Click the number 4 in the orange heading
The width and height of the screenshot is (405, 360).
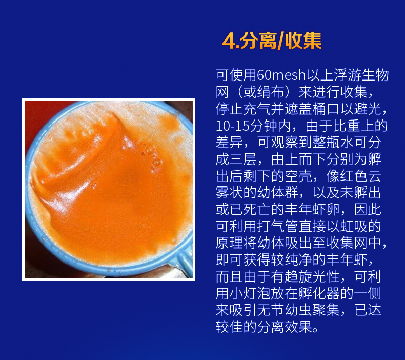tap(229, 42)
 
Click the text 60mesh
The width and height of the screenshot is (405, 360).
tap(281, 75)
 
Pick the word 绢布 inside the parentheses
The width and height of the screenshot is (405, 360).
tap(271, 92)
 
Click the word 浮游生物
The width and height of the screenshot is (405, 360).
tap(361, 75)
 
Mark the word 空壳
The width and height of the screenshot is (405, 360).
tap(299, 176)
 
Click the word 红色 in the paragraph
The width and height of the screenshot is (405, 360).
tap(354, 176)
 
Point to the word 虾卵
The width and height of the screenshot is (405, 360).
tap(326, 210)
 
